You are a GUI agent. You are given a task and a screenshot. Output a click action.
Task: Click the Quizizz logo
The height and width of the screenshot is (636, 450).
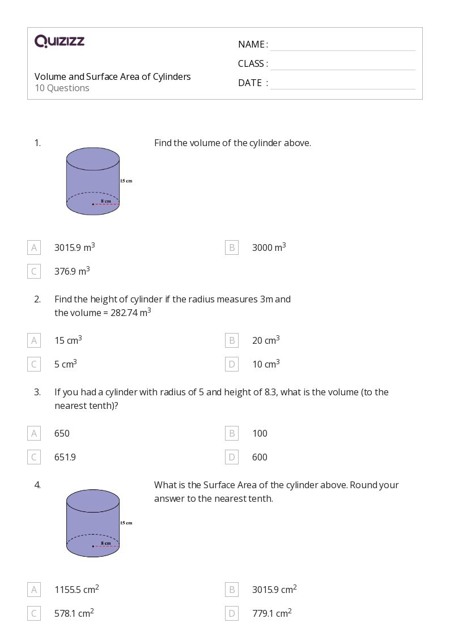[60, 41]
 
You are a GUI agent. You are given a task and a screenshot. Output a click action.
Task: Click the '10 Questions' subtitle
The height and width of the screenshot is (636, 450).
[62, 88]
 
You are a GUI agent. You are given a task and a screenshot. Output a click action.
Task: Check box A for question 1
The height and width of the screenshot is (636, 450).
[34, 247]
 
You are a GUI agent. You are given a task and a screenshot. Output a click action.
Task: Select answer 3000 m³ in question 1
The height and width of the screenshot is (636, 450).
[269, 247]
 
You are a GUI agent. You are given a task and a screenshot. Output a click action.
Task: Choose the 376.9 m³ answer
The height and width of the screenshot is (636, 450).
[72, 271]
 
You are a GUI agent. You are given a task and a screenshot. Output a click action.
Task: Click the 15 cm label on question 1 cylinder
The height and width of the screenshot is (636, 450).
[126, 181]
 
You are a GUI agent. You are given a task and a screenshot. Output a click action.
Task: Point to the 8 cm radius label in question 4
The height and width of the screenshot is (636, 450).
[105, 543]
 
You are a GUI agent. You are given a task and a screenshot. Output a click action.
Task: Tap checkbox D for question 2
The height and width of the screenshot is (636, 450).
[231, 364]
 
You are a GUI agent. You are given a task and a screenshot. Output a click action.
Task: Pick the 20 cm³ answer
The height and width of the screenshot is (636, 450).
[266, 340]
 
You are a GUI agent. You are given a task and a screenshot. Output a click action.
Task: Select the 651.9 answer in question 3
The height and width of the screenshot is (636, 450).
[65, 457]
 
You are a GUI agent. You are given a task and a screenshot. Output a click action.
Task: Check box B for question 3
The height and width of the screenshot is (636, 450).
[231, 433]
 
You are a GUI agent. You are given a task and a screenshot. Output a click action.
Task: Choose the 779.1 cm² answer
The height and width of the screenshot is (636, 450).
[271, 613]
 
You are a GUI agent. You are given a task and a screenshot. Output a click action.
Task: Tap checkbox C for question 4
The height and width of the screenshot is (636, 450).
[34, 613]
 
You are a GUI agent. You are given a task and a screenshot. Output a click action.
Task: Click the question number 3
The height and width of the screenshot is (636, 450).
[37, 392]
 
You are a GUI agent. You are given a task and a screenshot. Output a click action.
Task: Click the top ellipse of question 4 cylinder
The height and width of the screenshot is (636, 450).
[93, 501]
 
